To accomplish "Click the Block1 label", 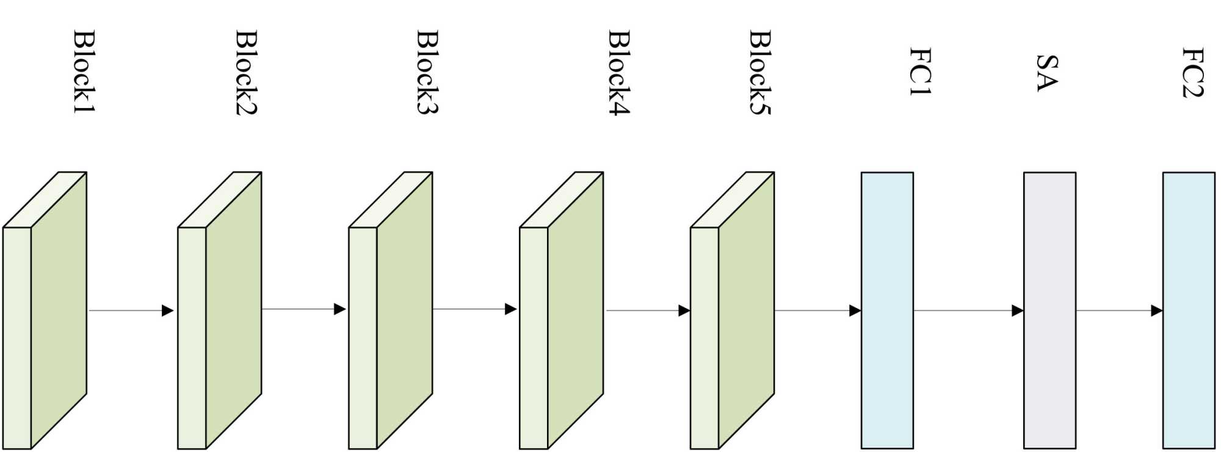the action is click(84, 71).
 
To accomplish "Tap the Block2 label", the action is click(247, 72).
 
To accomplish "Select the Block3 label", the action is click(427, 71).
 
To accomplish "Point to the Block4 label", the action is click(619, 72).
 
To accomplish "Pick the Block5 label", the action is click(760, 71).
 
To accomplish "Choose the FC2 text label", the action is click(1192, 72).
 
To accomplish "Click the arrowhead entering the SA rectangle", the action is click(1017, 310).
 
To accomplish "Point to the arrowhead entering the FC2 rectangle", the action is click(1156, 310).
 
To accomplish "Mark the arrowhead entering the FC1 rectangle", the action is click(855, 310).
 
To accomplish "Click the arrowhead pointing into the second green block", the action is click(168, 310).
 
